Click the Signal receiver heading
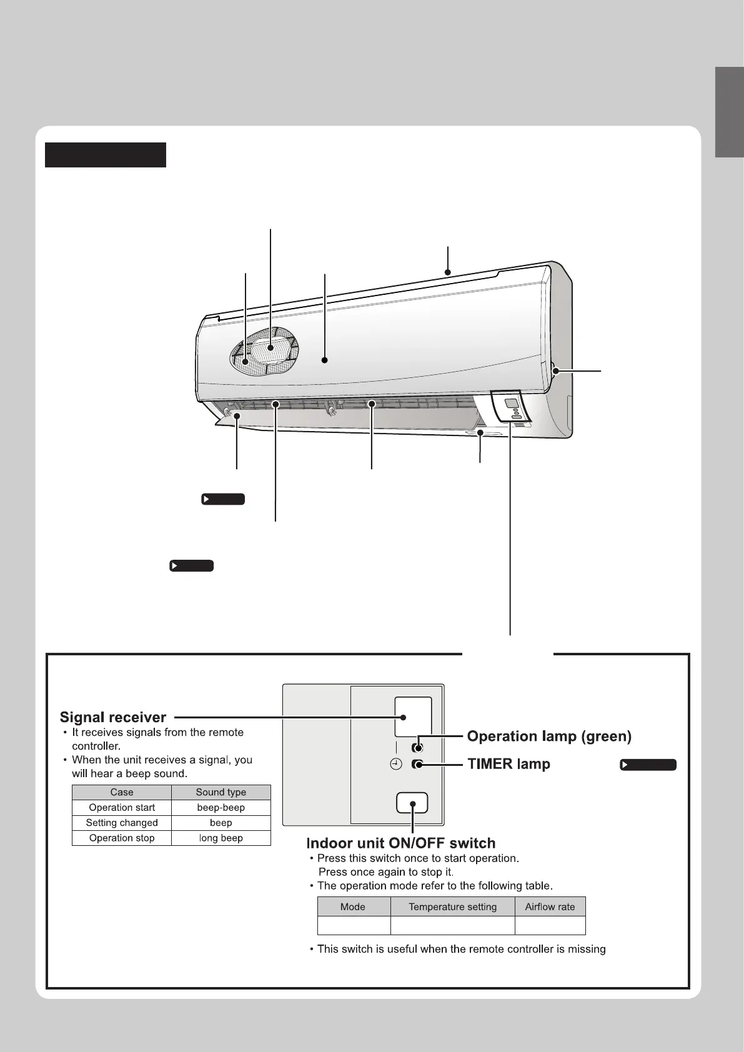pos(113,717)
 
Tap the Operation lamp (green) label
pos(549,737)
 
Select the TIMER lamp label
pos(508,764)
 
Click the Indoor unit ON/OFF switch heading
pos(400,843)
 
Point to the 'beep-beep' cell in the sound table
pos(221,808)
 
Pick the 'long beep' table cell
pos(221,838)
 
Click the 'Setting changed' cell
pos(122,823)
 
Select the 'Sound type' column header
pos(221,792)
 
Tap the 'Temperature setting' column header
pos(452,906)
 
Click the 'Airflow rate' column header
pos(550,906)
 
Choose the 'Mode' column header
pos(353,906)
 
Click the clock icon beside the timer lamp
pos(395,764)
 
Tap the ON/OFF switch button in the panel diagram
pos(412,803)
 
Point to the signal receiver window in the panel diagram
pos(413,717)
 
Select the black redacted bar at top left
pos(106,155)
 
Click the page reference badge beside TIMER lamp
pos(648,765)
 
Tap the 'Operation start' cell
pos(122,808)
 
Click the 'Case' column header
pos(122,792)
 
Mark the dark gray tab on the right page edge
pos(730,112)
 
